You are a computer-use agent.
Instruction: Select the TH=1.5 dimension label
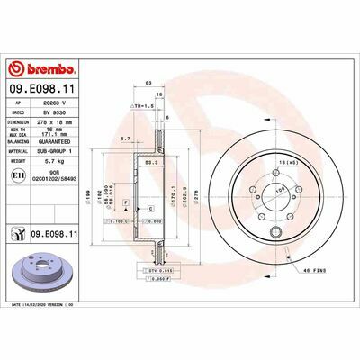144,105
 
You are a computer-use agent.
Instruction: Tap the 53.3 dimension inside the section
151,163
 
